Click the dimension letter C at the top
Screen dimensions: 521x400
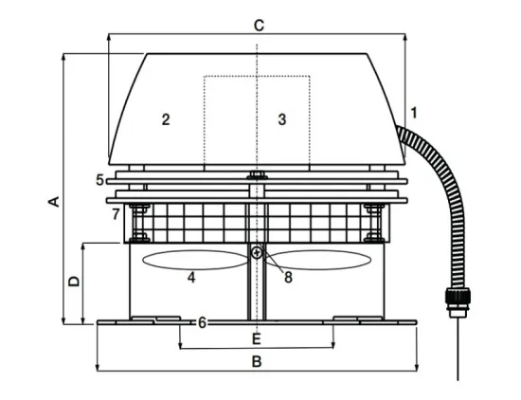259,26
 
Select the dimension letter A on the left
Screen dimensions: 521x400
55,202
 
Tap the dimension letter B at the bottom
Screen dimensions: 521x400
257,361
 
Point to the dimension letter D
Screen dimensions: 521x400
74,282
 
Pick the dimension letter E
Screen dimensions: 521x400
256,339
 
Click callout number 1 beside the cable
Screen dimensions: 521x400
413,113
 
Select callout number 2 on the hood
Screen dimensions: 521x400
166,119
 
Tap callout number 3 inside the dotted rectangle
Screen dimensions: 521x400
281,119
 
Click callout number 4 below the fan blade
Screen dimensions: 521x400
191,278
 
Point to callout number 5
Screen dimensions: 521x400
100,180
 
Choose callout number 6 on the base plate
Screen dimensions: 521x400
202,322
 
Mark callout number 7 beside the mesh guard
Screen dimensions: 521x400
116,214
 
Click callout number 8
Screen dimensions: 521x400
288,278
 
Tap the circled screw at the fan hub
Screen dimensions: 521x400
257,253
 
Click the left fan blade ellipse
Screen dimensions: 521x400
195,260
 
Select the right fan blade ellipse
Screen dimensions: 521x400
318,260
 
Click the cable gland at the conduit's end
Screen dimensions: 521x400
458,303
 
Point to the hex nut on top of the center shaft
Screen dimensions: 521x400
257,175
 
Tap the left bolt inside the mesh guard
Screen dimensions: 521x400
139,223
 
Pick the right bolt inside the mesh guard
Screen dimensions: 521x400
374,223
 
